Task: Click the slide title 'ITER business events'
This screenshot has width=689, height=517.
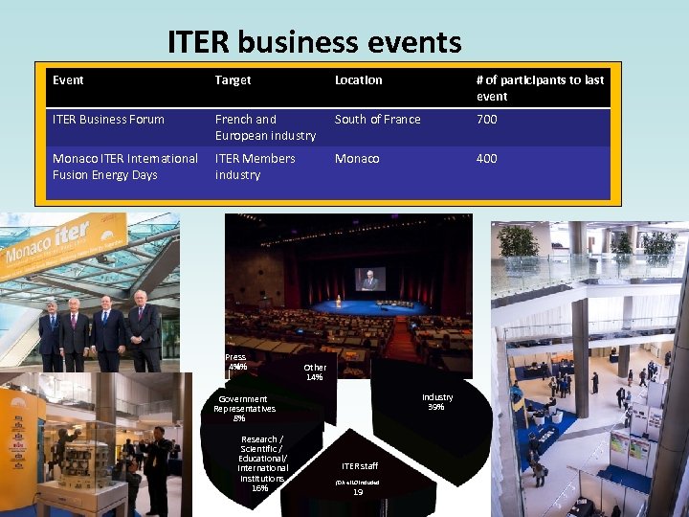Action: [x=314, y=42]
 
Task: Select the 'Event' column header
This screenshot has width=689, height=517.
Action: [x=68, y=80]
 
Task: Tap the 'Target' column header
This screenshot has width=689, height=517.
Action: [x=233, y=80]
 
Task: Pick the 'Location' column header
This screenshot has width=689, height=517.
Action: [x=358, y=80]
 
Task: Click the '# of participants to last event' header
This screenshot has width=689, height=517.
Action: [x=540, y=88]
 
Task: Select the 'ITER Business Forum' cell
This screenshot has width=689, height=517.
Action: [x=108, y=120]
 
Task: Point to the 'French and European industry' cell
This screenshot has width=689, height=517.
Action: [x=265, y=127]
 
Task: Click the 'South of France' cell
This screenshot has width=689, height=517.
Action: [x=377, y=120]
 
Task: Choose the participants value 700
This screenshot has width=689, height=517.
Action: [x=487, y=120]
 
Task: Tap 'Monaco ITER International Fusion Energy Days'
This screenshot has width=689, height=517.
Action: [x=125, y=167]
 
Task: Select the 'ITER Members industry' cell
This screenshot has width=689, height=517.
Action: [x=255, y=167]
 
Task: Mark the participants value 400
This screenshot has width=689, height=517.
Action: [x=487, y=159]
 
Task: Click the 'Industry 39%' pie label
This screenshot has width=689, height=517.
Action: [x=437, y=401]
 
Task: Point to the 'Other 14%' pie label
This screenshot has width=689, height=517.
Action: [x=315, y=372]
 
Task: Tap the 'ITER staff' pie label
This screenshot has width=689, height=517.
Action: [x=359, y=466]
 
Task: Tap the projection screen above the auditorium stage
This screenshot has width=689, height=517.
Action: [x=370, y=278]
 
